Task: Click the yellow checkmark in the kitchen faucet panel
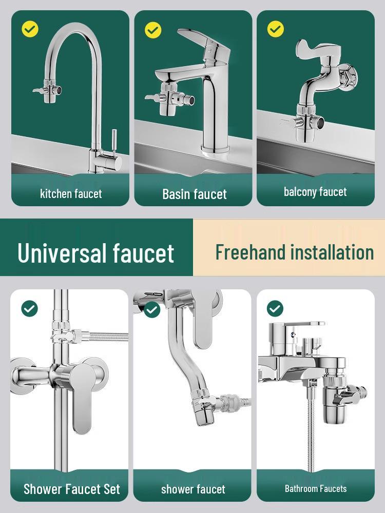tap(30, 29)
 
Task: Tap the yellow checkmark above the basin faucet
tap(153, 30)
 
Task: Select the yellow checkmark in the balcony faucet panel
tap(275, 29)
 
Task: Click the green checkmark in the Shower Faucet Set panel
tap(29, 308)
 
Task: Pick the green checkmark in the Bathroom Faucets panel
tap(275, 308)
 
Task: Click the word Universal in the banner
tap(63, 252)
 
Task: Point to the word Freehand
tap(251, 252)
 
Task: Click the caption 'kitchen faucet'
tap(71, 193)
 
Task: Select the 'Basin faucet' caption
tap(195, 194)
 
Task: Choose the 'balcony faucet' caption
tap(315, 192)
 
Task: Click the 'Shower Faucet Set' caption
tap(72, 489)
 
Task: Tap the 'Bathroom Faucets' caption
tap(316, 489)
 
